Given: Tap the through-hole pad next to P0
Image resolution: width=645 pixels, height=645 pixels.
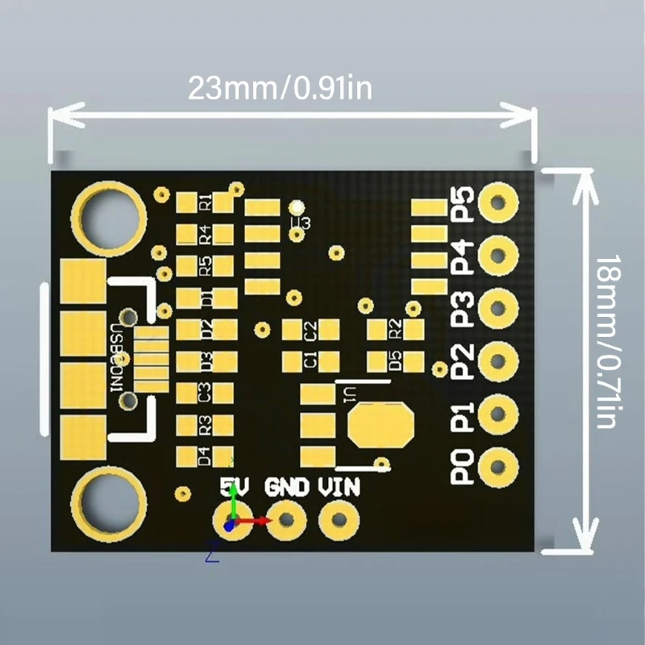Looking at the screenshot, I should pos(498,466).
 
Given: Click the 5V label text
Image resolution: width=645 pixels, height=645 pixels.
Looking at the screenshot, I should pos(235,487).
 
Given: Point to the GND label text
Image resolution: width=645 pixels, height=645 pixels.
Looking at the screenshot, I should pos(287,487).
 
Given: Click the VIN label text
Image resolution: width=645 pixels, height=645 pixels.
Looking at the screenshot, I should pos(339,487).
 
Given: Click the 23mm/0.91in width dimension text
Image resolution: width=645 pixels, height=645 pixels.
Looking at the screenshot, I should pos(281,88).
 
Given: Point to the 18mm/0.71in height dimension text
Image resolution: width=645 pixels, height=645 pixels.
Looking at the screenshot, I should pos(608,342).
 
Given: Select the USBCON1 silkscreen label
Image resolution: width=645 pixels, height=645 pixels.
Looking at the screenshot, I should pos(119,359).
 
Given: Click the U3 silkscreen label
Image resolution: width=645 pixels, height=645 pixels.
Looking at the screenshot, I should pos(300,222).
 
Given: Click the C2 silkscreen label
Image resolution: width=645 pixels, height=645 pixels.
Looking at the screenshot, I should pos(310,330).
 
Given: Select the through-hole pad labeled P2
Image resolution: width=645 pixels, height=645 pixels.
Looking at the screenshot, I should pos(498,360).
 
